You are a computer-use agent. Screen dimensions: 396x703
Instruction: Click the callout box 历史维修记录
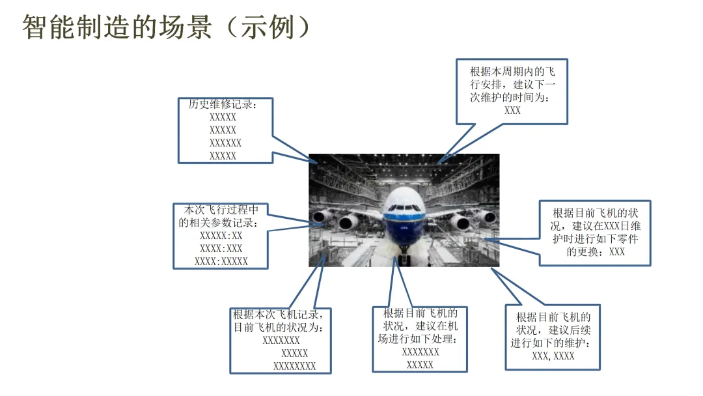225,130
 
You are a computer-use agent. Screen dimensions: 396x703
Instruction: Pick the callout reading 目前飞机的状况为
281,340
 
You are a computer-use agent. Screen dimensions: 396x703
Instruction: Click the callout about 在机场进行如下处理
420,339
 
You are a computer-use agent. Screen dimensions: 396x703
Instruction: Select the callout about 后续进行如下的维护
553,337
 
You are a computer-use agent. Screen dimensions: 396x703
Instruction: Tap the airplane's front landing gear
405,257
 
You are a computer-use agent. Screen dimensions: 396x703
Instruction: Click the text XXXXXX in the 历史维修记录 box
225,143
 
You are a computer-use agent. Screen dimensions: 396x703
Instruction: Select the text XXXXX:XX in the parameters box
221,236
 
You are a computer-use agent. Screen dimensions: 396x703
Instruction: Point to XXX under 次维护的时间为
512,111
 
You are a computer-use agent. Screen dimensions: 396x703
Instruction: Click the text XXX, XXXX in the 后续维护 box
553,356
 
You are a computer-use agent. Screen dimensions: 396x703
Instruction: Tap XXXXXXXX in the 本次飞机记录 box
294,366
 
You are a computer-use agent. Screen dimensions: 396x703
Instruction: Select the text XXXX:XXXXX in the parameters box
221,262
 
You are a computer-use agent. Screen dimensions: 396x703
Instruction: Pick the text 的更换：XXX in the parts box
596,251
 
